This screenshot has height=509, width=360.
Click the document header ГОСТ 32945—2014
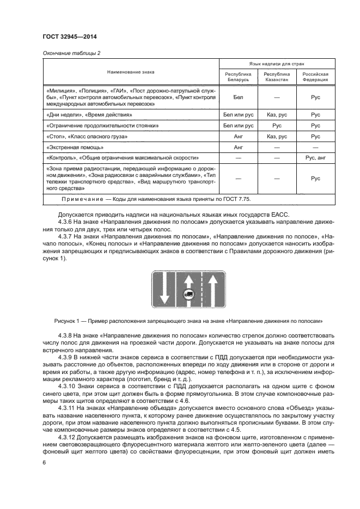coord(66,37)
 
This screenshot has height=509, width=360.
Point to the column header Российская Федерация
coord(315,76)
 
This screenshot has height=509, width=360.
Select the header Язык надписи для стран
coord(276,63)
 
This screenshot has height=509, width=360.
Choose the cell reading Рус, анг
coord(315,157)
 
